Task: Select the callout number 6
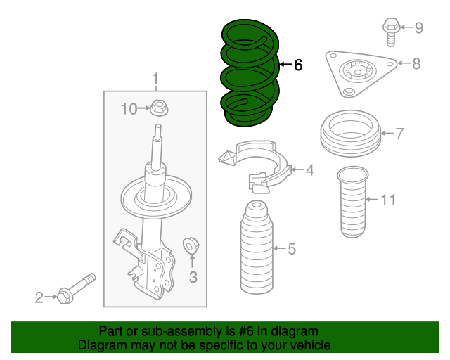[297, 65]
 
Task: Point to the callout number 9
[418, 28]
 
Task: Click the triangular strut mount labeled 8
[359, 72]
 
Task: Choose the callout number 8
[416, 64]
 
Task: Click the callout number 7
[399, 133]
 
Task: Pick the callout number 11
[389, 200]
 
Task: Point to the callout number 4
[309, 169]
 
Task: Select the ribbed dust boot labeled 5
[256, 250]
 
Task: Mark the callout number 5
[292, 248]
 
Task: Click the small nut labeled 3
[190, 246]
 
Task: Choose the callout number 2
[39, 298]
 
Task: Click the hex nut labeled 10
[160, 109]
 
